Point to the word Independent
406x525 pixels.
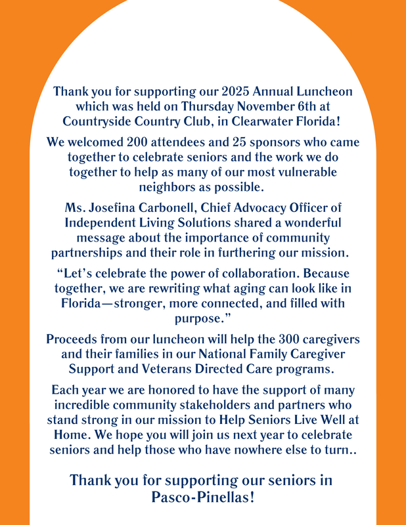tap(102, 222)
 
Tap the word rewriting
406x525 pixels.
tap(172, 289)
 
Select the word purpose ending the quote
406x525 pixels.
tap(201, 318)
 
